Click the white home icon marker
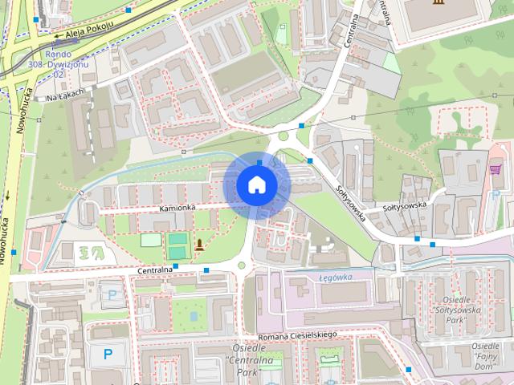coord(256,184)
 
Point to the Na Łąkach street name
coord(64,98)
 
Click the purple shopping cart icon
coord(495,169)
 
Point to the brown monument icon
coord(198,245)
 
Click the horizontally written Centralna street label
coord(155,271)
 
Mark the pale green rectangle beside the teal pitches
coord(150,239)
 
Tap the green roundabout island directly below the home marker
coord(242,265)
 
